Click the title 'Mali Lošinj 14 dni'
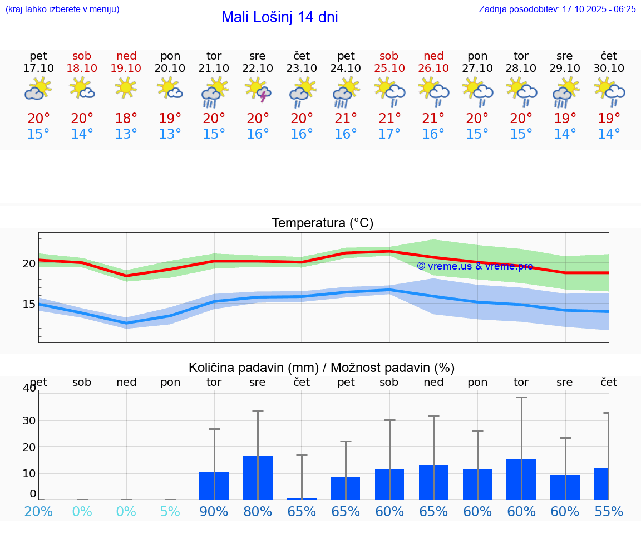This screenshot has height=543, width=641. tap(279, 17)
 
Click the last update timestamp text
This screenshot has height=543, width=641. tap(557, 9)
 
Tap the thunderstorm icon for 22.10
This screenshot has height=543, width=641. tap(258, 90)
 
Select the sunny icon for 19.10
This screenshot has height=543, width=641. tap(126, 88)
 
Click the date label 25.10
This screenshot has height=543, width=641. tap(389, 68)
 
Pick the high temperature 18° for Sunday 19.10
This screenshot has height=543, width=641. tap(126, 119)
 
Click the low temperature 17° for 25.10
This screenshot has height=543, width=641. tap(389, 134)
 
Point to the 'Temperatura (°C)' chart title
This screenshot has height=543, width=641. tap(322, 223)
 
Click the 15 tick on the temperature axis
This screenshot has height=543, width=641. tap(29, 304)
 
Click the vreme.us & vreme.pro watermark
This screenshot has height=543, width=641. tap(475, 266)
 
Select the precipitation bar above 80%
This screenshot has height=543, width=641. tap(258, 478)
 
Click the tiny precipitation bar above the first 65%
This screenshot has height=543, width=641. tap(302, 498)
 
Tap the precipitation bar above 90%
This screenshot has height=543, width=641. tap(214, 486)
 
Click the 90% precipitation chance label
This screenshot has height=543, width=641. tap(214, 512)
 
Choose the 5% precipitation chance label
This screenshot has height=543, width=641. tap(170, 512)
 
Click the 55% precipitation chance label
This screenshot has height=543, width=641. tap(609, 512)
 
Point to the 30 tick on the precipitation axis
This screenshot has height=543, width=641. tap(29, 420)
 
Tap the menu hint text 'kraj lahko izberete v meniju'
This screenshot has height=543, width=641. tap(62, 9)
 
